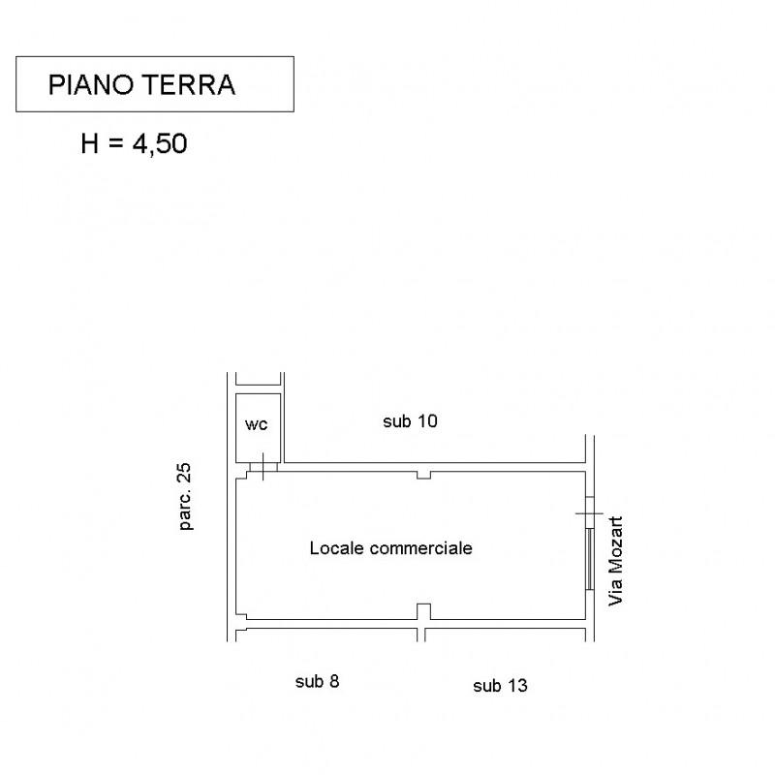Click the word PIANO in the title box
(91, 84)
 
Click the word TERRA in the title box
(189, 84)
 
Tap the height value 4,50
(160, 143)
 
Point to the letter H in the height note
(89, 143)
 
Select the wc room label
(256, 424)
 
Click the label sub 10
(410, 421)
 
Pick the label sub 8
(318, 682)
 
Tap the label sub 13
(500, 686)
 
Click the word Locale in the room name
(337, 547)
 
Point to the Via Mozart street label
(615, 561)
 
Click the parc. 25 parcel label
(185, 496)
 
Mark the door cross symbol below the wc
(263, 466)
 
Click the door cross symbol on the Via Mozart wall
(589, 513)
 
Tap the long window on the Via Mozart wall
(589, 559)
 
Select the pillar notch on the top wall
(423, 475)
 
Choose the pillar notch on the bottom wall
(423, 611)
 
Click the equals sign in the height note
(115, 144)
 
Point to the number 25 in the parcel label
(184, 472)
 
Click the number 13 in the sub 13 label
(517, 686)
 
